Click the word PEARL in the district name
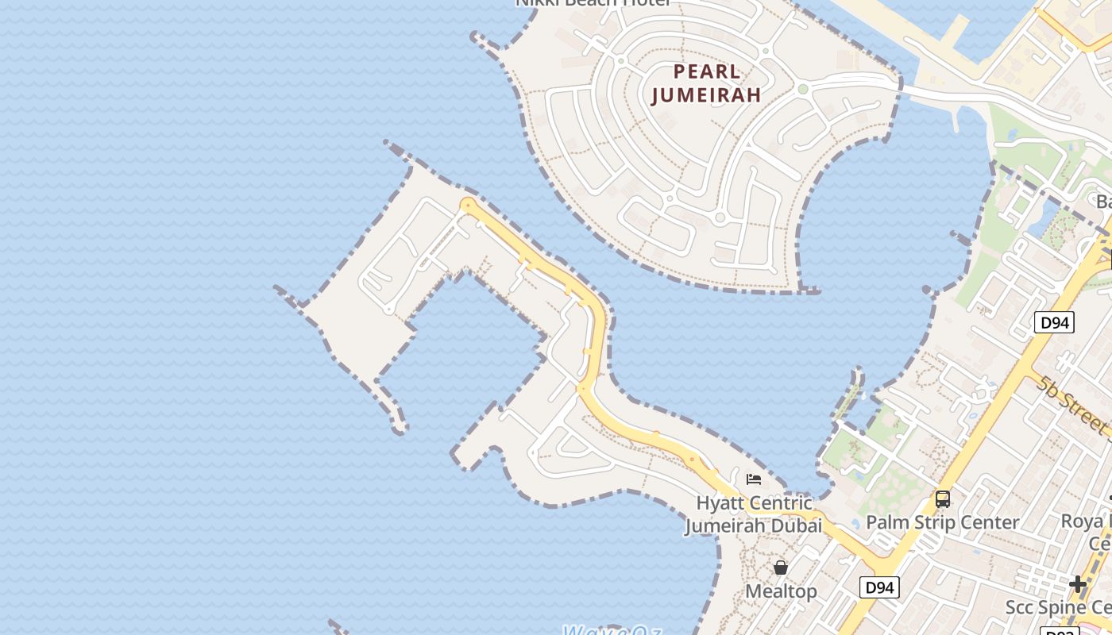point(707,71)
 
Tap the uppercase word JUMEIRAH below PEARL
point(706,95)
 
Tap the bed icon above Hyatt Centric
point(754,479)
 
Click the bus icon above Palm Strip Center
point(943,499)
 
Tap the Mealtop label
point(781,591)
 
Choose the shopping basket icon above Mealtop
point(781,568)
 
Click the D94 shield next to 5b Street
point(1054,322)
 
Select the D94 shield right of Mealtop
point(879,587)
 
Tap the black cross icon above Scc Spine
point(1078,584)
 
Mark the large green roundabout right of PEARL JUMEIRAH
point(803,89)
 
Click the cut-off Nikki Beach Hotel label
point(593,3)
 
